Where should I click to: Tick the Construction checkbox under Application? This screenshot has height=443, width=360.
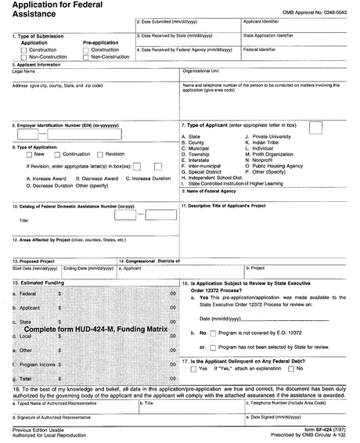pos(14,50)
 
